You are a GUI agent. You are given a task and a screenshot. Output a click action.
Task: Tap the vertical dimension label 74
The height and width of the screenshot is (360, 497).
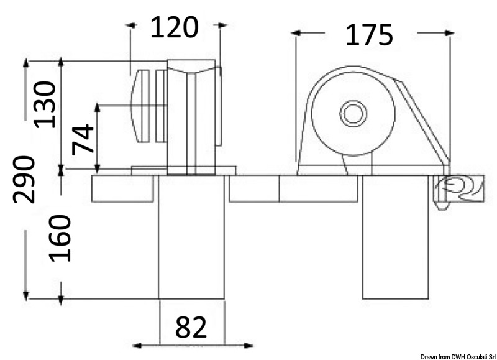click(x=83, y=140)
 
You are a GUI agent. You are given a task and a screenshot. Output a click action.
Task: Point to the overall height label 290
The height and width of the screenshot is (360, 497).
click(x=25, y=180)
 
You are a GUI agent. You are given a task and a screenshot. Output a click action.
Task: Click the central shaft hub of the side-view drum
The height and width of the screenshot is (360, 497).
click(x=352, y=114)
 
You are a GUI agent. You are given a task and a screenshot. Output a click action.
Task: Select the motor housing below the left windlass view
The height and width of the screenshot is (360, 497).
click(x=191, y=242)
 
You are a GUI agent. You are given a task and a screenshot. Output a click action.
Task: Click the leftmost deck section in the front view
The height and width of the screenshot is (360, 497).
click(x=122, y=189)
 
